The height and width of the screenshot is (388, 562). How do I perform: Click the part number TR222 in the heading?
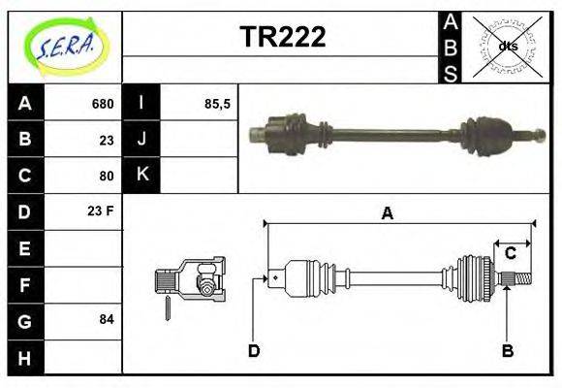tap(282, 36)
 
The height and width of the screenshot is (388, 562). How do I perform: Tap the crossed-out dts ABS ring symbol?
tap(507, 46)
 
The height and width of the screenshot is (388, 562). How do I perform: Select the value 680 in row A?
tap(103, 104)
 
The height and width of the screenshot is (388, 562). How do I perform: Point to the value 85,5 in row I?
tap(217, 104)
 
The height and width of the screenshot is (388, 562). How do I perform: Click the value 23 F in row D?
tap(102, 210)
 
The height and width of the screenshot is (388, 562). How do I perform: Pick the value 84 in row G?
tap(106, 319)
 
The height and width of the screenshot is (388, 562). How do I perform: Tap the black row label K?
tap(141, 175)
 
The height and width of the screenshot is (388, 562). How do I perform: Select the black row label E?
tap(25, 248)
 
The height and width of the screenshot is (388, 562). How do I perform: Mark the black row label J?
tap(141, 139)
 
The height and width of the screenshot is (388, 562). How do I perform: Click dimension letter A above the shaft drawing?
tap(387, 213)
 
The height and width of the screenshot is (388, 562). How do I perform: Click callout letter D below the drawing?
tap(254, 350)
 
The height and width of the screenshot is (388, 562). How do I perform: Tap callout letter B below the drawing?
tap(507, 350)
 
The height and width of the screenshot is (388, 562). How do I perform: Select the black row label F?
tap(25, 284)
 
